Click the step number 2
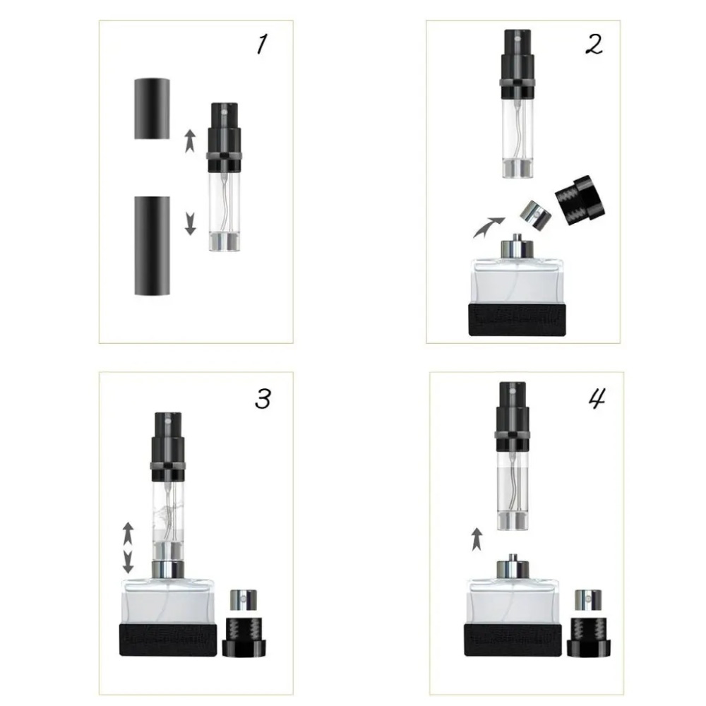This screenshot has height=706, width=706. point(594,44)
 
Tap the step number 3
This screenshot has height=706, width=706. point(262,400)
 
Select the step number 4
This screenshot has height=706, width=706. point(597,400)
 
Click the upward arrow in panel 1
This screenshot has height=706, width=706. point(189,141)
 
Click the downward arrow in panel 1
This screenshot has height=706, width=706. point(190,224)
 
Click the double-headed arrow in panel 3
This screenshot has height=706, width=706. point(128,546)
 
